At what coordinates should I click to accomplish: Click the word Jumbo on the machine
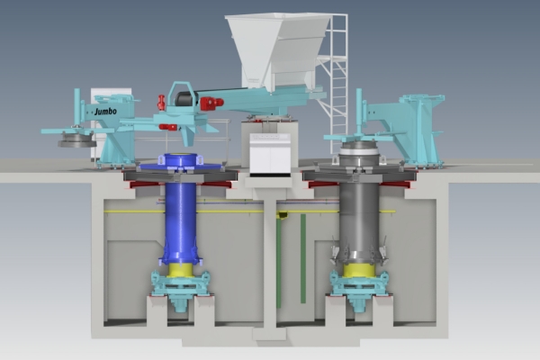click(105, 112)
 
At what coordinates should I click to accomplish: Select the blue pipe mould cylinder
click(181, 209)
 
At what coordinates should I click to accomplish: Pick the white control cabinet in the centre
click(270, 154)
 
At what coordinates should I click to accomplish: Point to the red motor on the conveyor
click(211, 103)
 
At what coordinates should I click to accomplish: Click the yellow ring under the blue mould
click(181, 270)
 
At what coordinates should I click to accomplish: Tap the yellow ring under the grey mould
click(359, 270)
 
